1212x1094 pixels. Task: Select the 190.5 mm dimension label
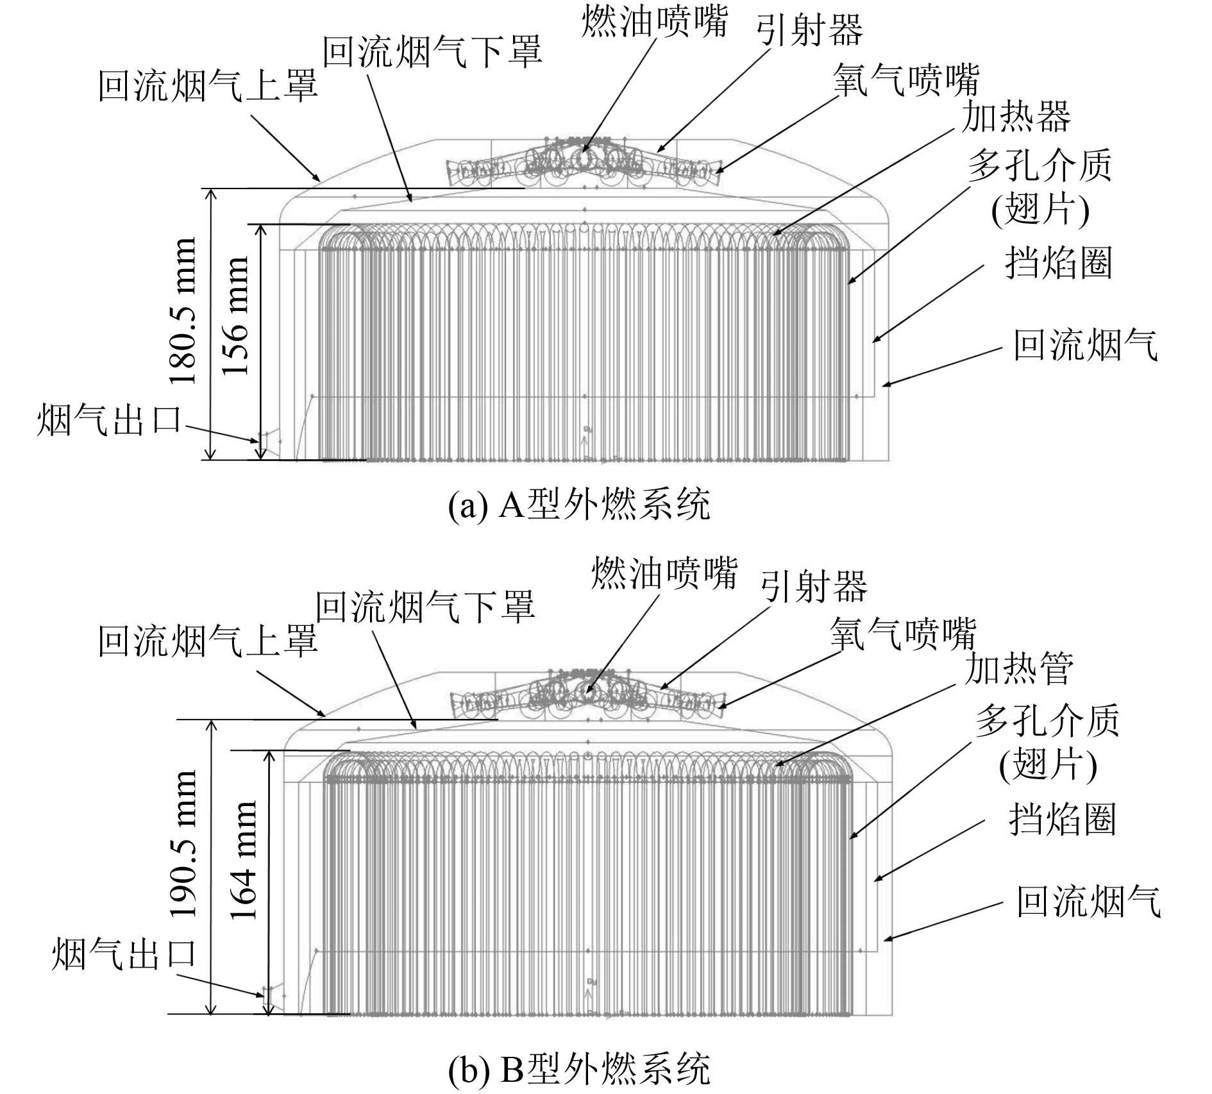click(x=185, y=843)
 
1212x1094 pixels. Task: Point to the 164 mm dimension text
click(x=243, y=860)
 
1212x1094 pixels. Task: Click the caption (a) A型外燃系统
click(x=580, y=505)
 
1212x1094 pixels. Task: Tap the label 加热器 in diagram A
click(x=1016, y=117)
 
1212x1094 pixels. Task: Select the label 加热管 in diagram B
click(x=1019, y=669)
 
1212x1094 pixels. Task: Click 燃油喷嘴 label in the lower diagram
click(x=664, y=572)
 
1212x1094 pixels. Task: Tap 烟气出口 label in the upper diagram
click(x=109, y=419)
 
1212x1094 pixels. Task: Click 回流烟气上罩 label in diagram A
click(x=208, y=86)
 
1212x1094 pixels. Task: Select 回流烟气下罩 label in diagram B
click(x=425, y=607)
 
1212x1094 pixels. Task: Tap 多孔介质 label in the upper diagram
click(x=1039, y=166)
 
